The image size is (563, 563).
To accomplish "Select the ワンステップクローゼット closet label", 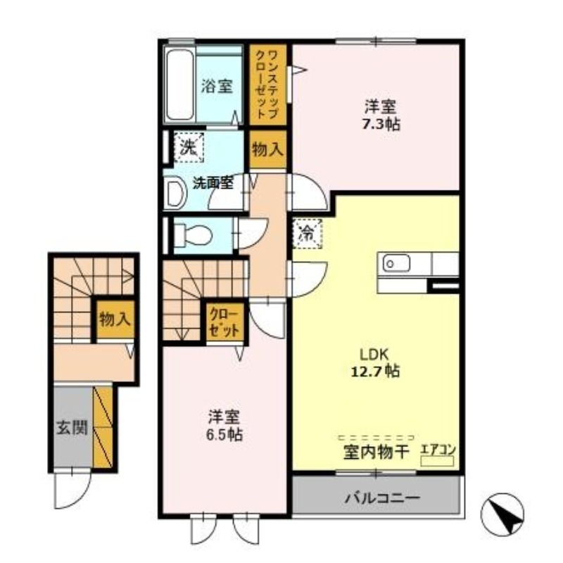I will coord(268,83).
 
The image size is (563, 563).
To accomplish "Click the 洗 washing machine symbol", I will coord(187,147).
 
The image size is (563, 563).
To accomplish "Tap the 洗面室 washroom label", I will coord(214,183).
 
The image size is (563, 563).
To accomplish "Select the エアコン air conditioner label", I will coord(438,449).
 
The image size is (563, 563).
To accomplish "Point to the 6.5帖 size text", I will coord(225,434).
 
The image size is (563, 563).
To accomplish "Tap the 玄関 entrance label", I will coord(72,427).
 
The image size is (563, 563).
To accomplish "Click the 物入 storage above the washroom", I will coord(267,149).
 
